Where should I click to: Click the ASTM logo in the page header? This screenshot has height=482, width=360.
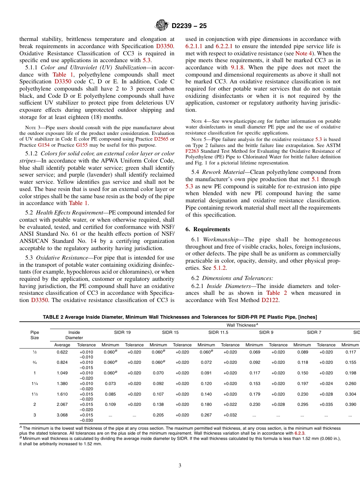tap(162, 26)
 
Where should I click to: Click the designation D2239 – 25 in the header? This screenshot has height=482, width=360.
tap(189, 26)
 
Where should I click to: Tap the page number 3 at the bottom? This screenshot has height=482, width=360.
tap(180, 466)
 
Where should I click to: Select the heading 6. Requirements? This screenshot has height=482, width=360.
tap(208, 229)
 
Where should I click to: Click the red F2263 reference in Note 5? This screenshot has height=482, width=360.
tap(192, 151)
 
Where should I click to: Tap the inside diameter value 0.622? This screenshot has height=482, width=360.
tap(62, 352)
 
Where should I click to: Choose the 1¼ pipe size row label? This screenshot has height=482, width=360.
tap(34, 383)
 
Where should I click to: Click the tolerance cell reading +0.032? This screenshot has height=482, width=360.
tap(230, 415)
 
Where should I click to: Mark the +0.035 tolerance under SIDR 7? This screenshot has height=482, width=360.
tap(326, 404)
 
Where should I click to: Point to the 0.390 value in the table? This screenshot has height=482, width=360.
tap(351, 404)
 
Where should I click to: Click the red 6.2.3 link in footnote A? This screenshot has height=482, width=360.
tap(299, 433)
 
